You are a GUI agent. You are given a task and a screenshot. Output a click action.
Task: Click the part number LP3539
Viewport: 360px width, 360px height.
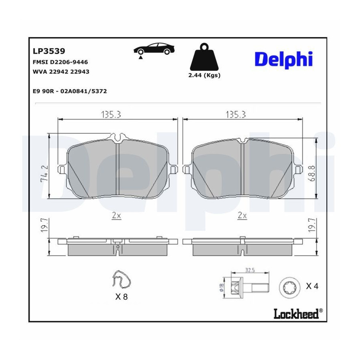pos(49,51)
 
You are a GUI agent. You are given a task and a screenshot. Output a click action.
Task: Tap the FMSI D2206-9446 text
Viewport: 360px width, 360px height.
pos(60,62)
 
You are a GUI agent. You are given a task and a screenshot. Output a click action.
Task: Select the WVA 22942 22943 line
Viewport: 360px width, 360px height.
pos(61,72)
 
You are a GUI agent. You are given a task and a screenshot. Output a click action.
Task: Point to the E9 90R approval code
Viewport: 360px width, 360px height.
pos(70,91)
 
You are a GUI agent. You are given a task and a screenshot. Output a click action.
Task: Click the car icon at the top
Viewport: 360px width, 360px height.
pos(154,49)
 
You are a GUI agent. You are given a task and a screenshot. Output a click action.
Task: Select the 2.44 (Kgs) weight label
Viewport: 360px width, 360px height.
pos(204,75)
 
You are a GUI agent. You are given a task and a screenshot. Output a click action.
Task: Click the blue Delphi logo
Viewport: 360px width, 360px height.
pos(284,59)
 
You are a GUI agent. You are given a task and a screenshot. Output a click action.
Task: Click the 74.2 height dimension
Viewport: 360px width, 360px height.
pos(44,174)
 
